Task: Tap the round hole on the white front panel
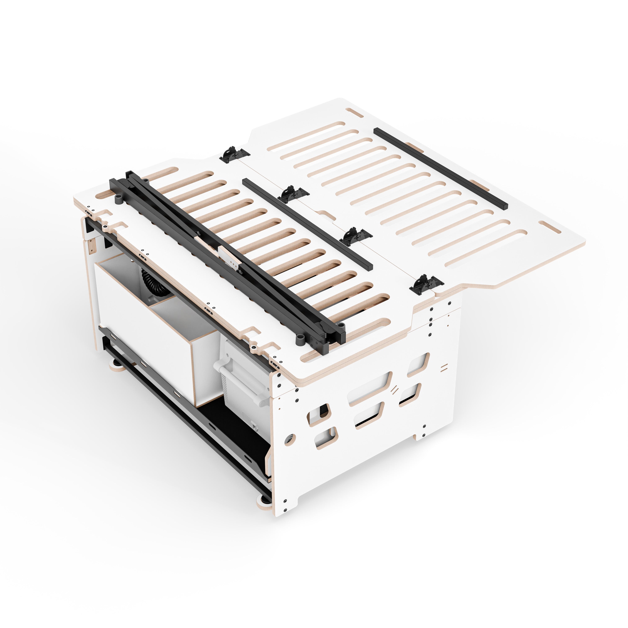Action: (x=290, y=439)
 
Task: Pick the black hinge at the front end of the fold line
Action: (x=426, y=284)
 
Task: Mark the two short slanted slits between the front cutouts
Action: (x=395, y=389)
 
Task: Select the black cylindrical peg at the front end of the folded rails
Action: (x=300, y=340)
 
